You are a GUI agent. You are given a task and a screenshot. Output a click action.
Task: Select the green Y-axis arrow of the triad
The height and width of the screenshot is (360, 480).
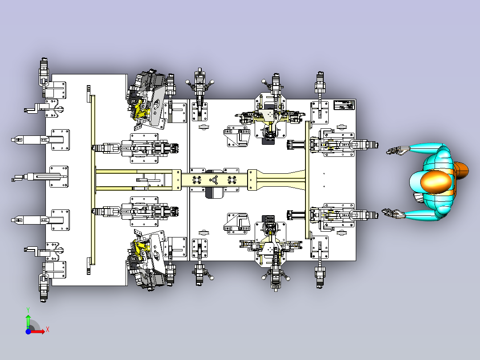point(28,320)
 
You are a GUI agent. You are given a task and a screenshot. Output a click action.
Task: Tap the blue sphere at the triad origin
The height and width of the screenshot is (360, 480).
point(28,331)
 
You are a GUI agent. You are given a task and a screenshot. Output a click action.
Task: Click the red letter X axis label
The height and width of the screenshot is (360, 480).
point(48,329)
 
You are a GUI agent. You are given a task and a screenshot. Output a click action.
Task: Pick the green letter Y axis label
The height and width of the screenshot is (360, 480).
point(28,309)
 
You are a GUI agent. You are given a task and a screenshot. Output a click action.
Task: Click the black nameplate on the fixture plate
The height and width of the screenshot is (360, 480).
point(343,105)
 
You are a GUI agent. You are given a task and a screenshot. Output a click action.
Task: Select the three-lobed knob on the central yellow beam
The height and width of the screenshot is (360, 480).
point(214,180)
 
